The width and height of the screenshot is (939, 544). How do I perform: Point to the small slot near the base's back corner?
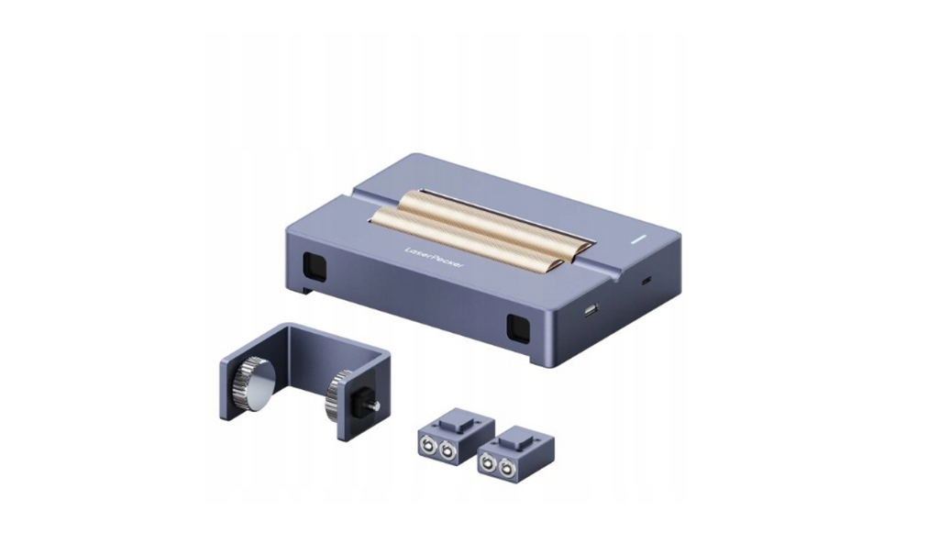pos(646,279)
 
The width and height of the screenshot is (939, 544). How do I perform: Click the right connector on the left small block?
pos(447,451)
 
